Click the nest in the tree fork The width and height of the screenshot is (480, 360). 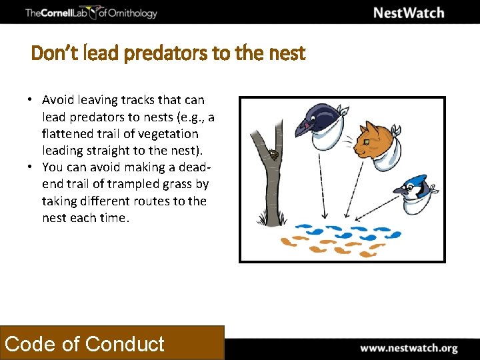274,155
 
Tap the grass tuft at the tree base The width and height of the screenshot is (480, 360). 263,219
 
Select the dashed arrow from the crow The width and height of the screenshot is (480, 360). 322,180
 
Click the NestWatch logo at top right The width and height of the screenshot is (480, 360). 408,13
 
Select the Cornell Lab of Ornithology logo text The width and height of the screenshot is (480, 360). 91,13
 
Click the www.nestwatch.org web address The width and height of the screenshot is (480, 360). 409,348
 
